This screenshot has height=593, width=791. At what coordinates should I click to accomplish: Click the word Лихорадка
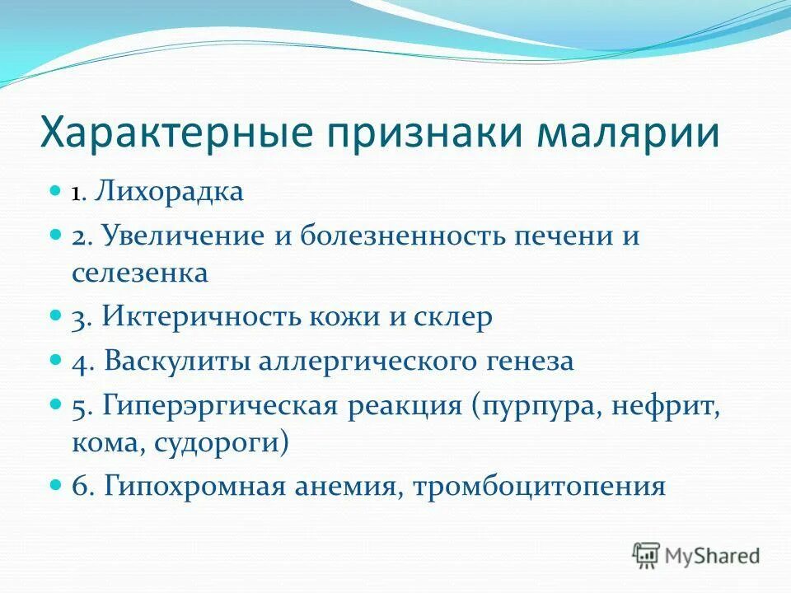pos(168,193)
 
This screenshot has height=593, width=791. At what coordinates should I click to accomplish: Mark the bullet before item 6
pos(56,484)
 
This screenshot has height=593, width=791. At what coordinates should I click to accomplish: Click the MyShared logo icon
pos(647,555)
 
